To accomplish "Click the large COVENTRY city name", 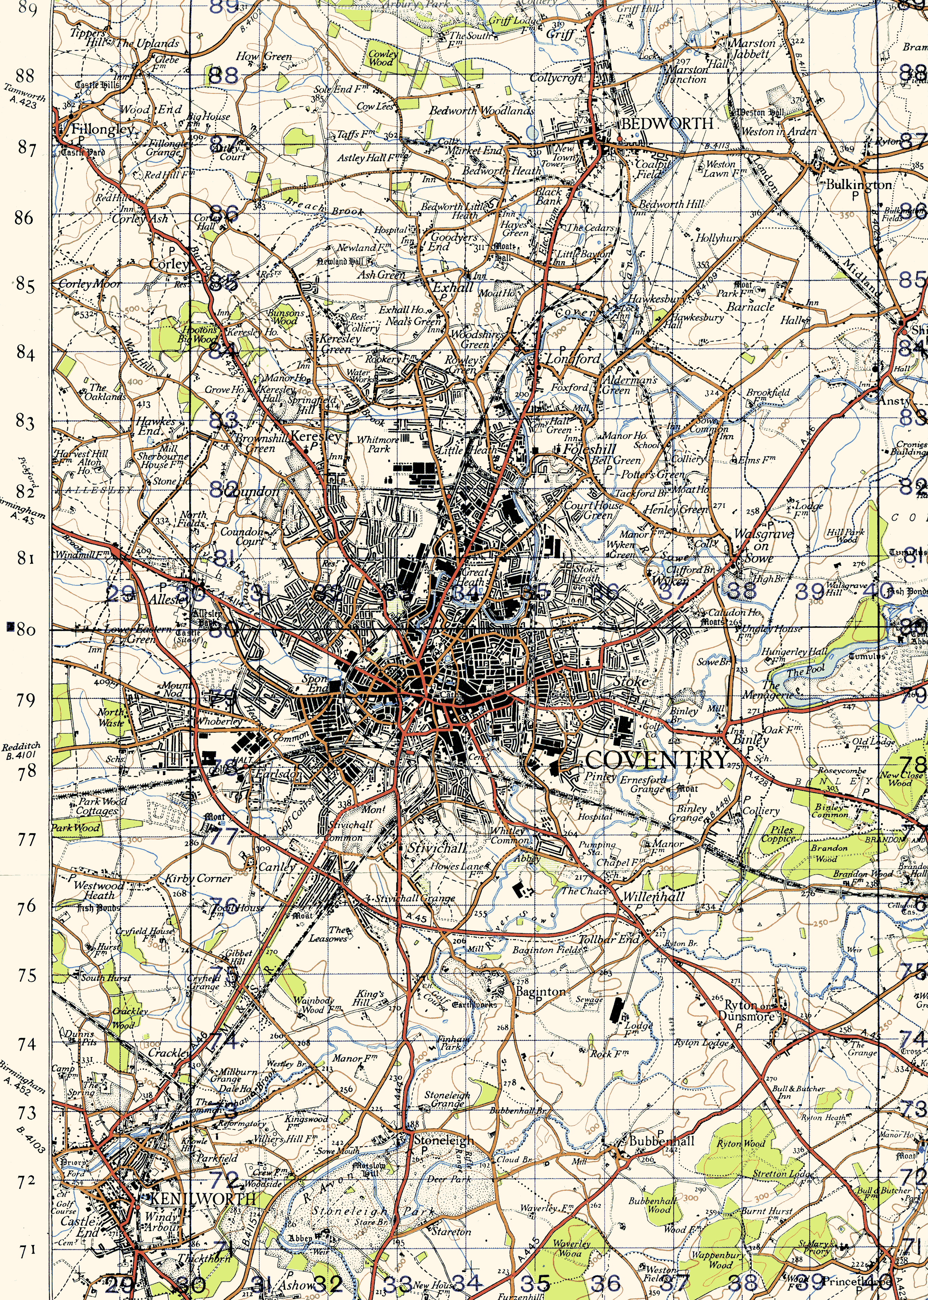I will click(x=656, y=760).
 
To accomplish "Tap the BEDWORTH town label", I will click(x=667, y=124).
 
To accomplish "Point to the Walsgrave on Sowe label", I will click(x=762, y=545).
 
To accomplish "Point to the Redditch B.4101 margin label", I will click(x=21, y=751).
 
